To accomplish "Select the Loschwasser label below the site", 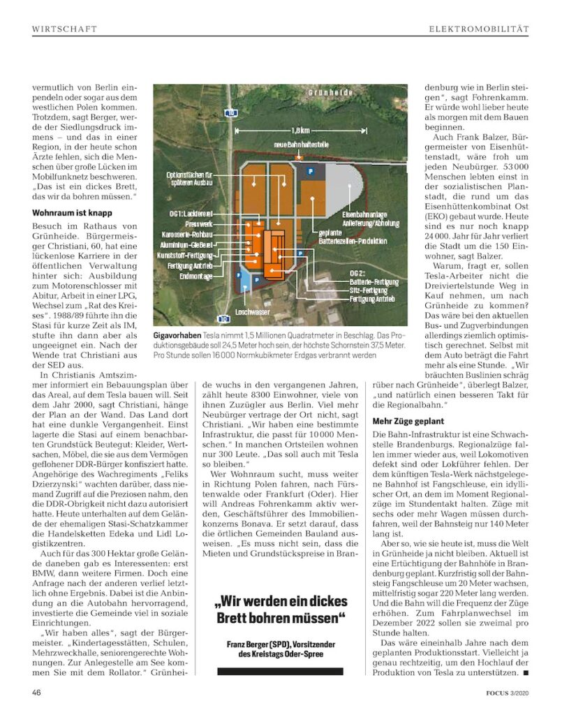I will [x=251, y=311].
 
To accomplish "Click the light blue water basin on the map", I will [x=246, y=279].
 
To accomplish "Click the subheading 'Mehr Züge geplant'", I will [x=409, y=422].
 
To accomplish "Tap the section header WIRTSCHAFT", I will [x=64, y=29].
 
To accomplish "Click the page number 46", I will [x=38, y=693].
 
